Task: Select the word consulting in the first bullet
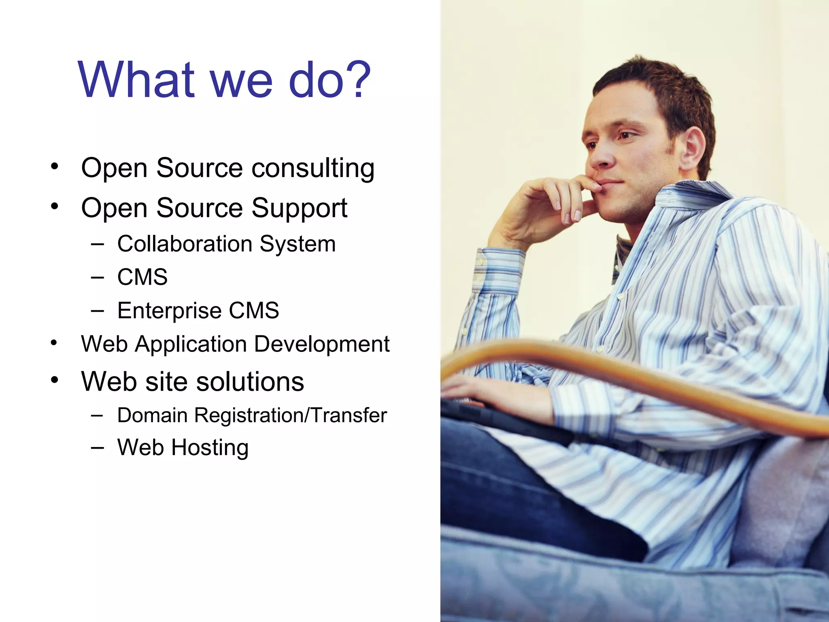(313, 168)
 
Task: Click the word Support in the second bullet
(299, 208)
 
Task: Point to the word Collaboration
(185, 244)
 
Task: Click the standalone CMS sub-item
(142, 277)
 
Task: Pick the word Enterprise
(169, 311)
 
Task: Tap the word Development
(321, 344)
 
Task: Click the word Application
(191, 344)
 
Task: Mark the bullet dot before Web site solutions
(55, 380)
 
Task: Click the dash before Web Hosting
(97, 447)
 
